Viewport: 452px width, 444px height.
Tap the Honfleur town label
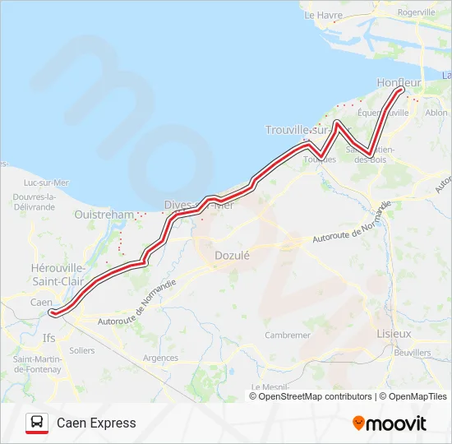coord(398,82)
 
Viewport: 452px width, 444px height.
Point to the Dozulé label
coord(231,255)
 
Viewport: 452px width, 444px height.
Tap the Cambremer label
coord(288,335)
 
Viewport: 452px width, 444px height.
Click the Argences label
coord(160,358)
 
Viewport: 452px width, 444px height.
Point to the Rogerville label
coord(416,12)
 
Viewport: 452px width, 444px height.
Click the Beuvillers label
coord(413,352)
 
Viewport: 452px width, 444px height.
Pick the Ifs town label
coord(49,337)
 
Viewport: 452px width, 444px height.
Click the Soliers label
coord(82,350)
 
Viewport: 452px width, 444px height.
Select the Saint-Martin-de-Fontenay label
coord(37,364)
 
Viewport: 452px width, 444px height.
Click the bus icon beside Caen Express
coord(37,423)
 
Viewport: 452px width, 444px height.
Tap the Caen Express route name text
coord(96,423)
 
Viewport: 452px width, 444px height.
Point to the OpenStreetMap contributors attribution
coord(316,396)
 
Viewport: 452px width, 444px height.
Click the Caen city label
coord(41,303)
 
